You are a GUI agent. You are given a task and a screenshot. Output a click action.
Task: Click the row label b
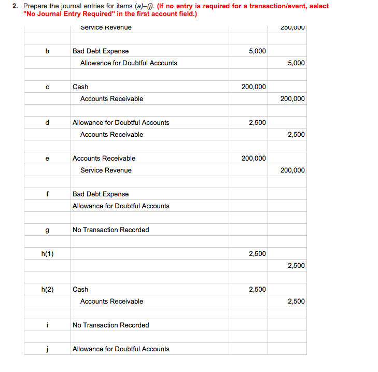tap(47, 51)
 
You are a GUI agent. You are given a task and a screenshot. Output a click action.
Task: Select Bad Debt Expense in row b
tap(101, 51)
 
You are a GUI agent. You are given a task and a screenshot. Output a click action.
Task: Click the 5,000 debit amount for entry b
tap(257, 51)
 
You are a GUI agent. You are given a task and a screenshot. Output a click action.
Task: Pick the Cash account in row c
tap(80, 87)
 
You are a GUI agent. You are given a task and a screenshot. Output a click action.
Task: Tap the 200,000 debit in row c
tap(254, 87)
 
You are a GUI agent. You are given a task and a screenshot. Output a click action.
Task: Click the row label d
tap(47, 123)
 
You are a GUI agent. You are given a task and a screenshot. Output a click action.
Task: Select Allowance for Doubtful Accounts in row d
tap(121, 123)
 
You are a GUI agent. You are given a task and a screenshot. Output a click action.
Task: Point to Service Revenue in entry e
tap(106, 170)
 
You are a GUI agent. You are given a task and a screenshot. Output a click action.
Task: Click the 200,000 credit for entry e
tap(292, 170)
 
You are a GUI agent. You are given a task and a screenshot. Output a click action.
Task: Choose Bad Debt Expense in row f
tap(101, 194)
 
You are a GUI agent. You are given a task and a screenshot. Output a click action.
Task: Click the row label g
tap(47, 230)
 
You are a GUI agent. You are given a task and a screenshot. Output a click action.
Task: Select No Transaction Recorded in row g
tap(110, 230)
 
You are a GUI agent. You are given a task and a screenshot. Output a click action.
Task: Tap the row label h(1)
tap(47, 254)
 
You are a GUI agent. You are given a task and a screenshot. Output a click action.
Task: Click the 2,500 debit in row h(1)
tap(257, 254)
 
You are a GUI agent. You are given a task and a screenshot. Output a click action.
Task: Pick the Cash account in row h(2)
tap(80, 290)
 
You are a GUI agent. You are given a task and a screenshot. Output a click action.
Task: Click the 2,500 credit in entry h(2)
tap(296, 302)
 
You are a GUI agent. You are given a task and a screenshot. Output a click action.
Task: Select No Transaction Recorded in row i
tap(110, 325)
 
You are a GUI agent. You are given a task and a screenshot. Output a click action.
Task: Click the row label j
tap(47, 349)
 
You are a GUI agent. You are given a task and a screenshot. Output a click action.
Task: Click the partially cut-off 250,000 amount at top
tap(292, 27)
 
